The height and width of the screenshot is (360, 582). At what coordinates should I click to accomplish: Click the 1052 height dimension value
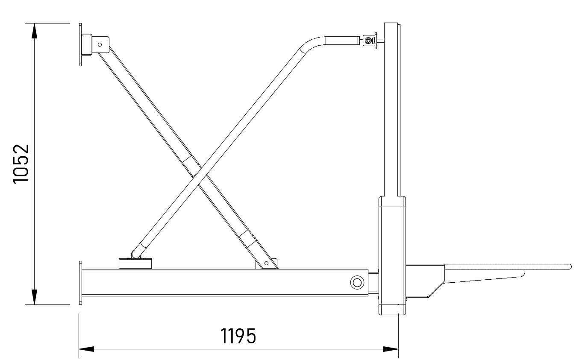pyautogui.click(x=21, y=164)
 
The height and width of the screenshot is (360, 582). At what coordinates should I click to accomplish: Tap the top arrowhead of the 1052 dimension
pyautogui.click(x=34, y=31)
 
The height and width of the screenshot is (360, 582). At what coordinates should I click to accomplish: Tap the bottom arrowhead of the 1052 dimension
pyautogui.click(x=34, y=297)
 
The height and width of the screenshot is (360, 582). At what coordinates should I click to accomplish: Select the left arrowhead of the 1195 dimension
pyautogui.click(x=86, y=349)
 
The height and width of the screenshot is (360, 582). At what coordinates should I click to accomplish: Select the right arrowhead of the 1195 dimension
pyautogui.click(x=391, y=349)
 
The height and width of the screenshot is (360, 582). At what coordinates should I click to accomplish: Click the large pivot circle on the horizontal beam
pyautogui.click(x=357, y=282)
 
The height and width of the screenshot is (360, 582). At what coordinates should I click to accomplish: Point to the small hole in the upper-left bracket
pyautogui.click(x=100, y=45)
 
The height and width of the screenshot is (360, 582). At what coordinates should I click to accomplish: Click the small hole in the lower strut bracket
pyautogui.click(x=266, y=263)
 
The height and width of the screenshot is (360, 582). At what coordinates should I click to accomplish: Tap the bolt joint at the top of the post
pyautogui.click(x=368, y=41)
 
